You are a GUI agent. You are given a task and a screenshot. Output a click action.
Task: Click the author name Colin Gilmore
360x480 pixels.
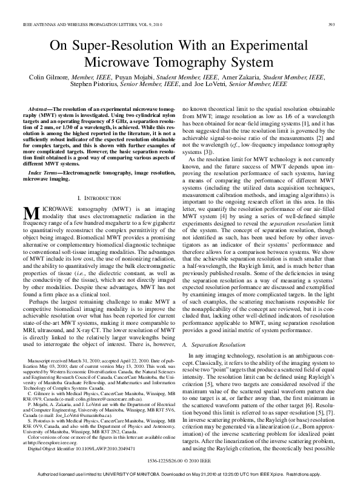click(x=50, y=78)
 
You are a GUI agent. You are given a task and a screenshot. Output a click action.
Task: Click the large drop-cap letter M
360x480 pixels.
click(x=30, y=213)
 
